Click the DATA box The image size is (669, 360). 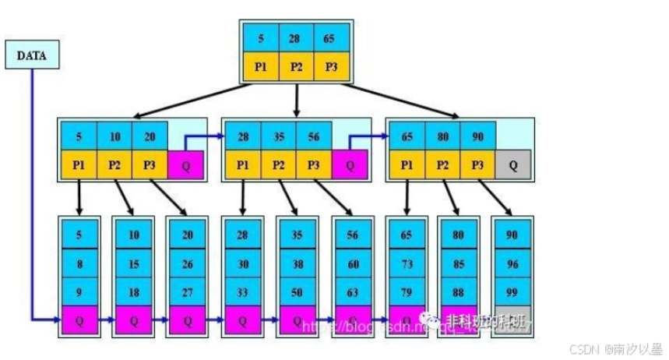point(32,56)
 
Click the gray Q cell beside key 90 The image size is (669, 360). point(513,164)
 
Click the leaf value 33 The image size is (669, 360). point(243,291)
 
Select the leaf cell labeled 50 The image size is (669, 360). point(298,291)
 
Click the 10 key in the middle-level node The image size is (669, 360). point(114,137)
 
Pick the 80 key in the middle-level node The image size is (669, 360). point(443,137)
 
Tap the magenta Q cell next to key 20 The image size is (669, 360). point(185,164)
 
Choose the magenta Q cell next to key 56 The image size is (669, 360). point(350,164)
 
